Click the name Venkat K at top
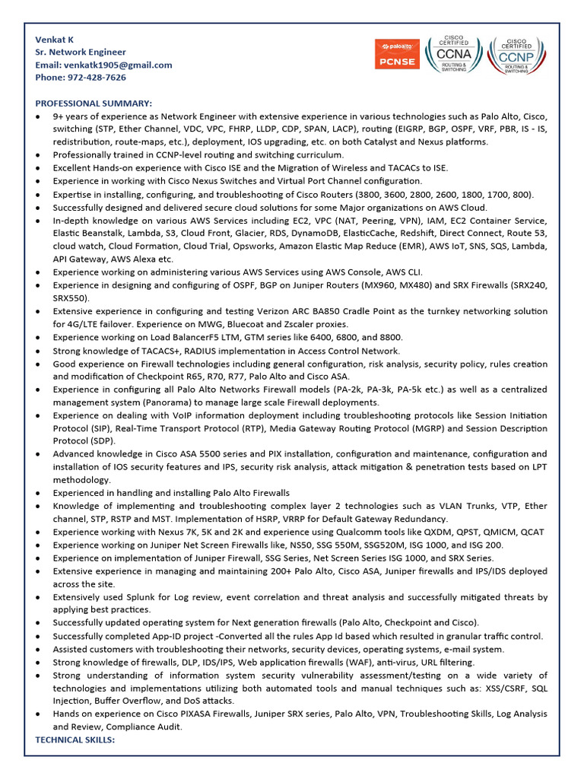click(55, 40)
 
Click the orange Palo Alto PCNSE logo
click(396, 55)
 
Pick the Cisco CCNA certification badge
click(453, 54)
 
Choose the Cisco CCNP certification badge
click(514, 54)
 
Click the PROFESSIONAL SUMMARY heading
click(94, 103)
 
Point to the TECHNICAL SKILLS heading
click(75, 739)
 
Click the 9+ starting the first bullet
click(58, 116)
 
